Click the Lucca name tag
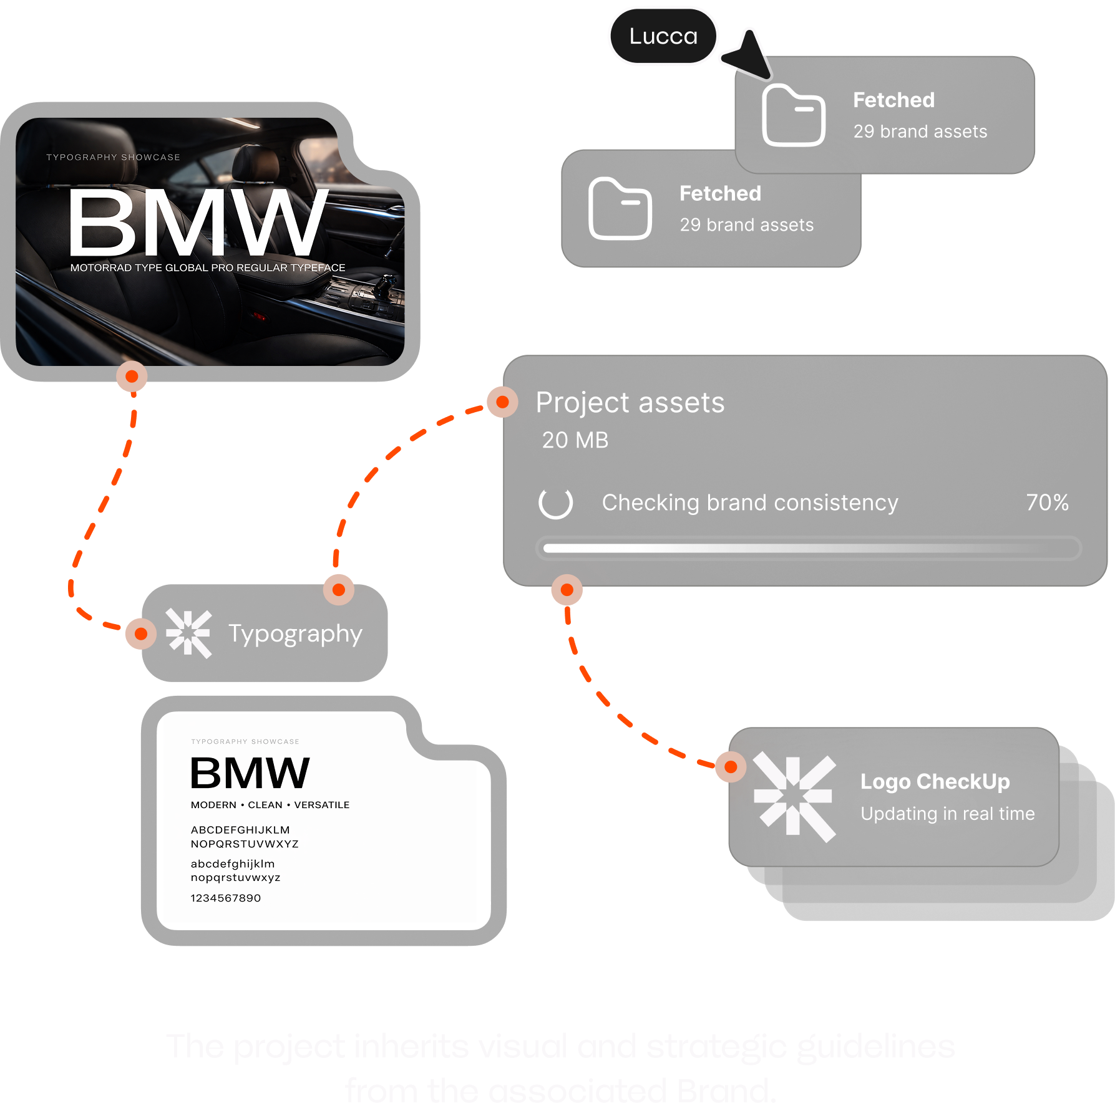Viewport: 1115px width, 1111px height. [663, 36]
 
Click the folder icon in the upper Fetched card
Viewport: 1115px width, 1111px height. [794, 115]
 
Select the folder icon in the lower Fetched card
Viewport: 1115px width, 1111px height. [620, 209]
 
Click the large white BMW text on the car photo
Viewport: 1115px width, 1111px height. [197, 223]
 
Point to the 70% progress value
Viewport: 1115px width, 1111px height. [1047, 503]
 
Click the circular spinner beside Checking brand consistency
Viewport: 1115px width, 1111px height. [555, 503]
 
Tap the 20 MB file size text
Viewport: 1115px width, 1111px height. [575, 440]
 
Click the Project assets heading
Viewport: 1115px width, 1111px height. [630, 403]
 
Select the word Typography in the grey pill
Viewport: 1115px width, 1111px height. [295, 633]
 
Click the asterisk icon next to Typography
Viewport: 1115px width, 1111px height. [188, 633]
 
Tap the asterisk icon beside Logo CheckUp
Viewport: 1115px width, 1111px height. [794, 797]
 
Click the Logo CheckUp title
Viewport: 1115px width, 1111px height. [935, 781]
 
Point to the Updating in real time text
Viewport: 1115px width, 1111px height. [947, 814]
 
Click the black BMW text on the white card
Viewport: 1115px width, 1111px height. [250, 773]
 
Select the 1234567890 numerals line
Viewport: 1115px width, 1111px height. [226, 898]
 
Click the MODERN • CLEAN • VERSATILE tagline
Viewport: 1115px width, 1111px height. [270, 805]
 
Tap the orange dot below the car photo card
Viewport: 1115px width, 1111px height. [132, 377]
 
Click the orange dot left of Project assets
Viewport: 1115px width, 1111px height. [502, 402]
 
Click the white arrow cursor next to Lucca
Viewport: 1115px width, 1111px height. [747, 55]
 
